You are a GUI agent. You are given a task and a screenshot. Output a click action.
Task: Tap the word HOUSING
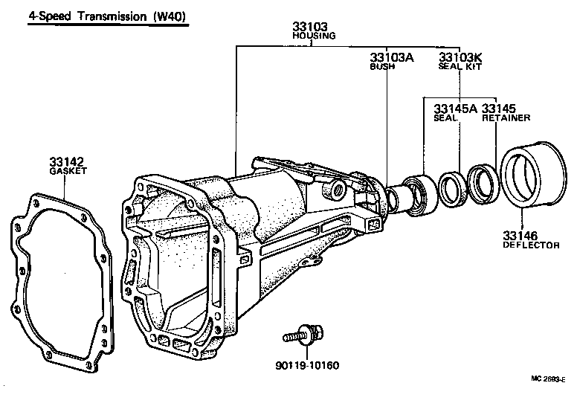coord(313,35)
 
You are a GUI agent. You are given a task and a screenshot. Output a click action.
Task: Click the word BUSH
coord(383,66)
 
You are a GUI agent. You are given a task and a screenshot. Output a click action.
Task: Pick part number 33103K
coord(461,57)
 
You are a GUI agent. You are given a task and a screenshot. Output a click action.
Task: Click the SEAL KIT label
coord(460,66)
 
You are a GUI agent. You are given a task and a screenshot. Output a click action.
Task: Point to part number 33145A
coord(454,109)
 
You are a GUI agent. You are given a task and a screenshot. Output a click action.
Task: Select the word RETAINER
coord(506,117)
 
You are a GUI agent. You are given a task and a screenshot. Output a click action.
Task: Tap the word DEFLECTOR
coord(531,245)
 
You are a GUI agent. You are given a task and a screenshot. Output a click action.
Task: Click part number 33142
coord(67,161)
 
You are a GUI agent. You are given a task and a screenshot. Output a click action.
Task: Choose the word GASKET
coord(68,170)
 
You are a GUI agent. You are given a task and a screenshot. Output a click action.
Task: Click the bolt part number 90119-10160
coord(307,365)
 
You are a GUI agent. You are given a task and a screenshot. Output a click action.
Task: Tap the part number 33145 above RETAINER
coord(499,109)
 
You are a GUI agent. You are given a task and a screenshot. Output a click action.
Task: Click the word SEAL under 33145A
coord(445,117)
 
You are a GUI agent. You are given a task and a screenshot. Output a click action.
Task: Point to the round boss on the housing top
coord(338,190)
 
